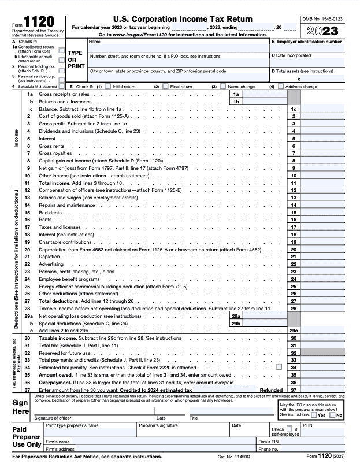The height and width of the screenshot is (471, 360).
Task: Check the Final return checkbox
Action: (165, 87)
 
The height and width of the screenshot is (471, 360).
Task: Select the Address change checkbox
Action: (281, 87)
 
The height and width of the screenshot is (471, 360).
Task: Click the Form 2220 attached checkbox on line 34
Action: (279, 367)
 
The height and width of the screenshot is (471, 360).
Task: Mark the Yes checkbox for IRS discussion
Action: (313, 415)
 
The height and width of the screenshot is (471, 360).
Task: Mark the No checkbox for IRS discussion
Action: (332, 415)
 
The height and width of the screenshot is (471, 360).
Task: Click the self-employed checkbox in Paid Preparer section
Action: (274, 429)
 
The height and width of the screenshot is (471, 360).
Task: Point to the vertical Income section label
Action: (16, 138)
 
